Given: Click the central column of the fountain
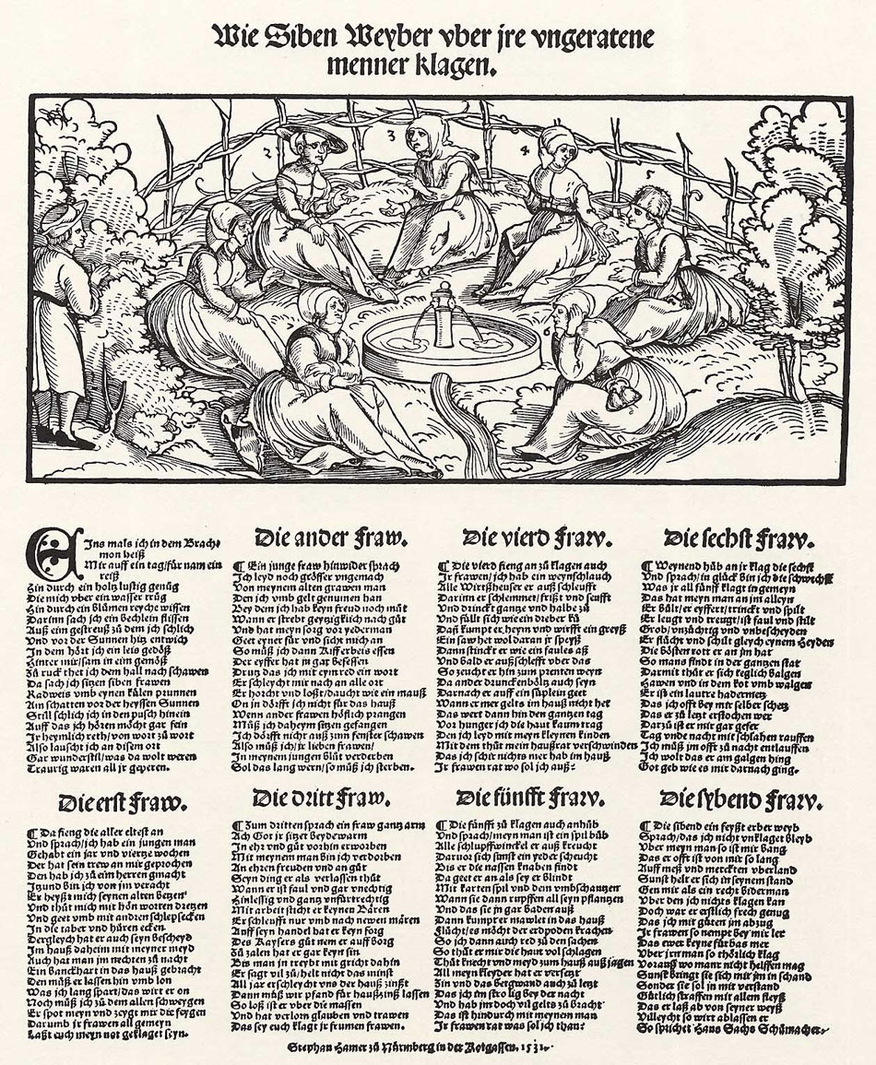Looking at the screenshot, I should tap(444, 314).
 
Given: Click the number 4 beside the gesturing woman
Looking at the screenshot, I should tap(525, 148).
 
